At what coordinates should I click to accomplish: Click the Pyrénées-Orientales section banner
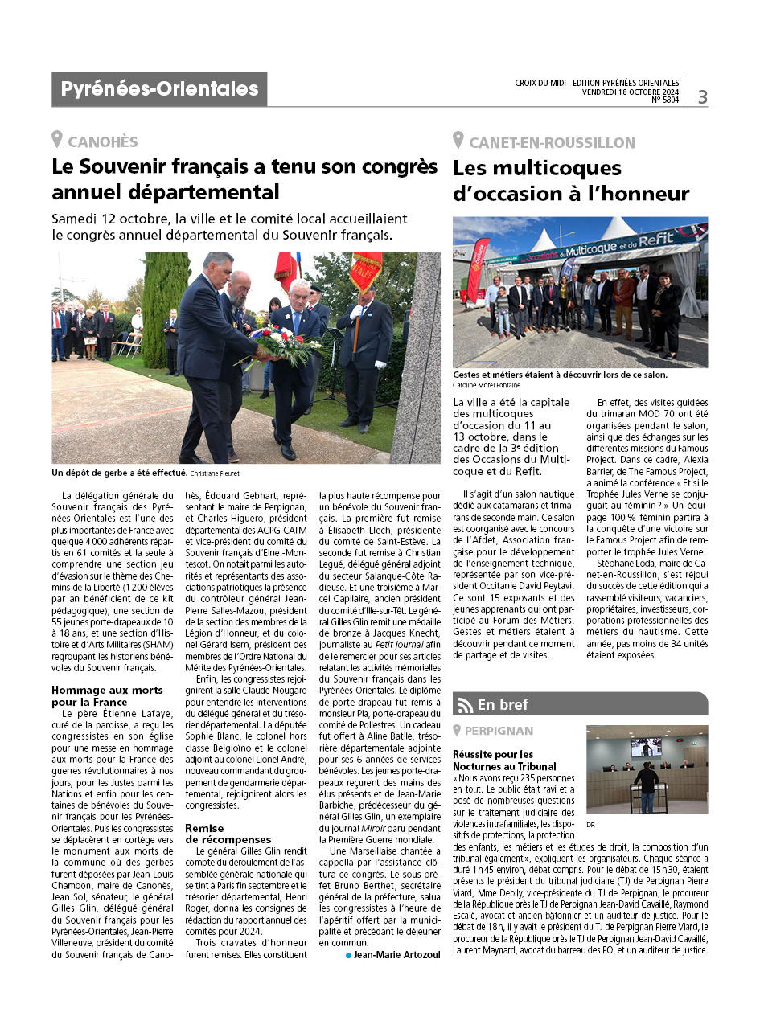pos(159,89)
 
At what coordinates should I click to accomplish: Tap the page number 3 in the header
pos(702,97)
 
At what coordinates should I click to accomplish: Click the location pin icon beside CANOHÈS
pos(57,140)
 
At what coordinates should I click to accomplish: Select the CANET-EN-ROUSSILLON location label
pos(552,143)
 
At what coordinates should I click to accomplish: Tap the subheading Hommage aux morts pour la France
pos(107,696)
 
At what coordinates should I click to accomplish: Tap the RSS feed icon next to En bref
pos(466,705)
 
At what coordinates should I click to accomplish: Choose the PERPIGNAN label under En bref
pos(499,731)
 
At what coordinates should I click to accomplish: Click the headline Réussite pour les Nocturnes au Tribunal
pos(503,760)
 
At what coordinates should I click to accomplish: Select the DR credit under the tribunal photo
pos(591,824)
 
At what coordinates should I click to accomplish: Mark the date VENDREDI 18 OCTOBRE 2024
pos(631,92)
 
